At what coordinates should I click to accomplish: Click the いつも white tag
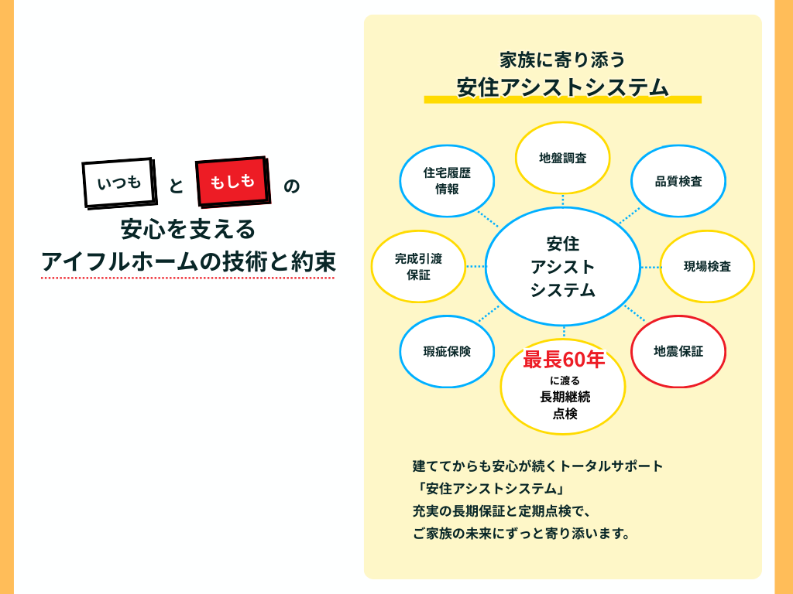click(x=118, y=183)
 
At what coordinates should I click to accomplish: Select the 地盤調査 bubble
click(x=563, y=158)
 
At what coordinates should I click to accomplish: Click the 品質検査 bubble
click(x=678, y=182)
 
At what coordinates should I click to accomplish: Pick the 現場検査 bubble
click(x=707, y=266)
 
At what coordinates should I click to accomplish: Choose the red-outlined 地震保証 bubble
click(x=678, y=351)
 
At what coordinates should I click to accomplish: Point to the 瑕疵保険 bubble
click(x=447, y=351)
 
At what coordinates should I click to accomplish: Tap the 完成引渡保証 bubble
click(x=418, y=266)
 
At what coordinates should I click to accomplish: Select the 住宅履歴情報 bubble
click(x=447, y=181)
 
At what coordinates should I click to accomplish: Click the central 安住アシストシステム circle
click(x=563, y=267)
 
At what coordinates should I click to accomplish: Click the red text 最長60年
click(x=563, y=360)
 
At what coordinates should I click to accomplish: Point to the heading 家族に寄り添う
click(x=562, y=60)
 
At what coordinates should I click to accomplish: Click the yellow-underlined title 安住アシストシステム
click(x=562, y=87)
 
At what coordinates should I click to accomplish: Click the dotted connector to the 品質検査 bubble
click(x=630, y=216)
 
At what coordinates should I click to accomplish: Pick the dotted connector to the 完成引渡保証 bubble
click(x=475, y=266)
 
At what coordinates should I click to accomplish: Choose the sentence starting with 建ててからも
click(x=538, y=466)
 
